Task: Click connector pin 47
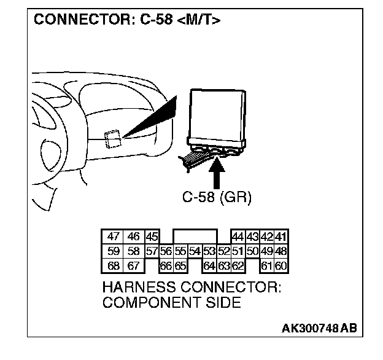[113, 237]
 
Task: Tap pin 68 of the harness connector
[113, 265]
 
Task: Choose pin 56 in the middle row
[165, 251]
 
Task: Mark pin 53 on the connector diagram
[209, 251]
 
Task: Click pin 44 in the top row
[238, 237]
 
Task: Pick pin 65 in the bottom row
[180, 265]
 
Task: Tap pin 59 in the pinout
[113, 251]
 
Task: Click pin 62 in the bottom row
[238, 265]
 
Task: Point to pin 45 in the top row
[152, 237]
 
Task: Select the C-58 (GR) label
[217, 198]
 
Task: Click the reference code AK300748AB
[319, 329]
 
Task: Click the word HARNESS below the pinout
[137, 288]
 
